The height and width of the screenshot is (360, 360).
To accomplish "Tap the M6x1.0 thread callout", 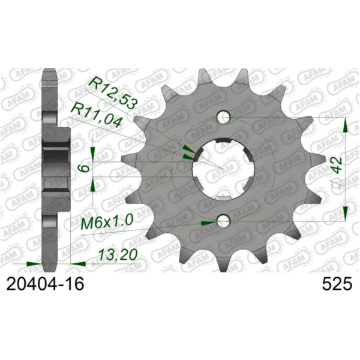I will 107,223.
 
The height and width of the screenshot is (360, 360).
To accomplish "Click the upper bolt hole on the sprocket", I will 224,116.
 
